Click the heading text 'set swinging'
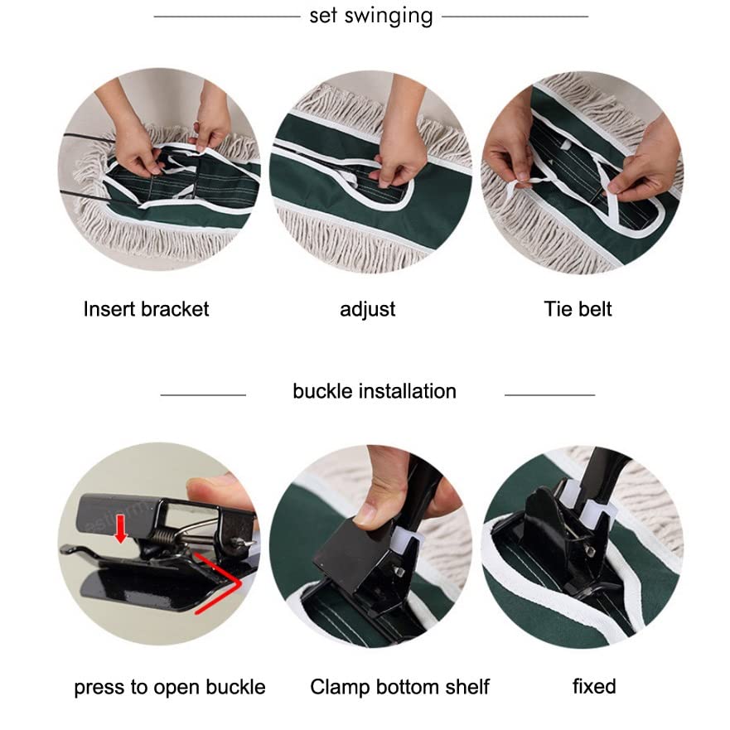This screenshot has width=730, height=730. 371,17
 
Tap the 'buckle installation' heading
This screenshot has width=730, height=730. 375,391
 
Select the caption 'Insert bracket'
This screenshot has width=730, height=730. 146,309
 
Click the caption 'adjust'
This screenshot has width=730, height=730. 367,310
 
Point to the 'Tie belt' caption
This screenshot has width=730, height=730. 578,309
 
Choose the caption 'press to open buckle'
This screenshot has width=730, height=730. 170,688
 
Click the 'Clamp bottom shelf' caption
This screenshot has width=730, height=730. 399,687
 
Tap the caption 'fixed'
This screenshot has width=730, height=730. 594,687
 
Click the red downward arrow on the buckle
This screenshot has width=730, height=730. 121,529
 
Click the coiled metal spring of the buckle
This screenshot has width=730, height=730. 164,535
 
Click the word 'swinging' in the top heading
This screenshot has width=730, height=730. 389,17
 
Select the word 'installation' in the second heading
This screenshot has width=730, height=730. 408,391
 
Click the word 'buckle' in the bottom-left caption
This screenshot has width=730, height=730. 235,687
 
